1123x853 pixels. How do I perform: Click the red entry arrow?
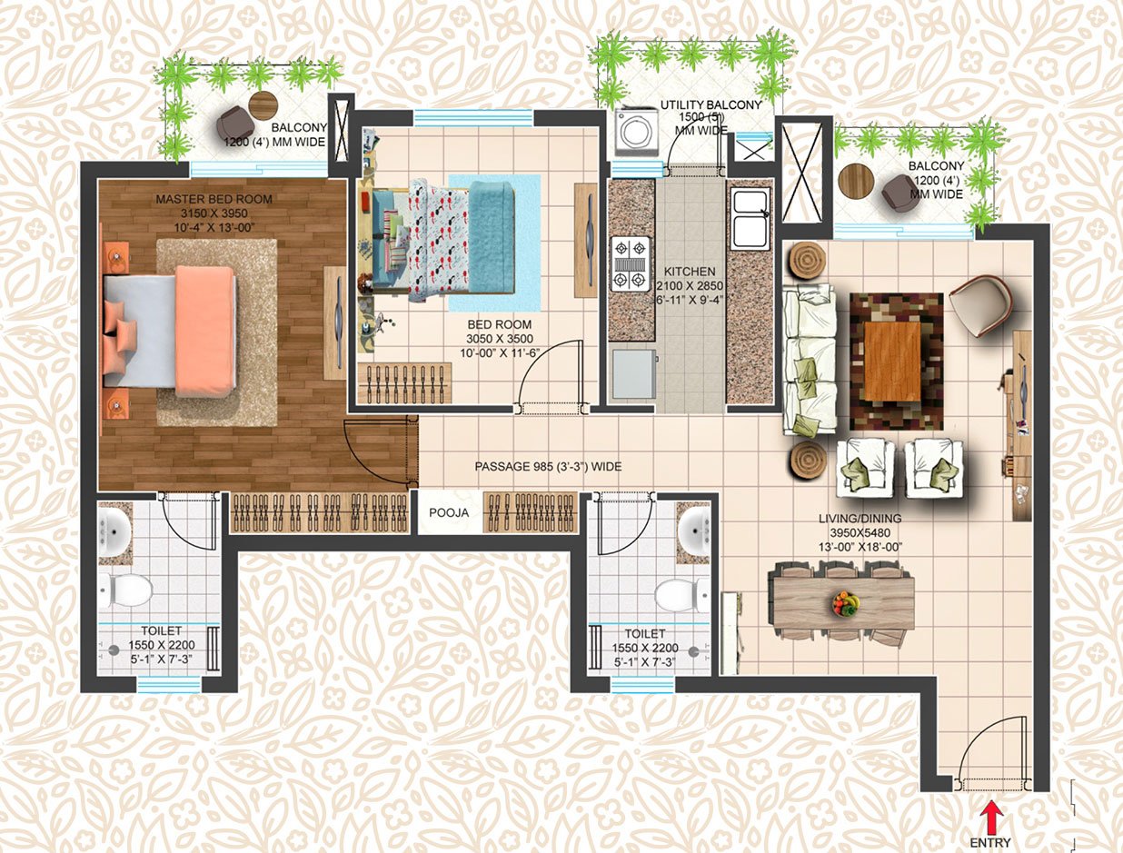(994, 810)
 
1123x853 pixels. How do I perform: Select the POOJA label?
(449, 513)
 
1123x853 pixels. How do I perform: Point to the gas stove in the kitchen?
(630, 263)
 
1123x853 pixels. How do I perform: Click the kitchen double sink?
(750, 219)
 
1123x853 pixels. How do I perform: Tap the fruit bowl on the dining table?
(844, 603)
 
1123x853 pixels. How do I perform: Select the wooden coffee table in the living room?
(892, 361)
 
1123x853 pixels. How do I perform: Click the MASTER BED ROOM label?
(214, 199)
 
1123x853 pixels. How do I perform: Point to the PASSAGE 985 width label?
(548, 466)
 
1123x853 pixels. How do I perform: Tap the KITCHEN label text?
(689, 272)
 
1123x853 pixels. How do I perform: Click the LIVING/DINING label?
(858, 520)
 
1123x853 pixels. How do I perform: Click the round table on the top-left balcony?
(263, 104)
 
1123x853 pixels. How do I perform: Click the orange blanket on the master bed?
(205, 330)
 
